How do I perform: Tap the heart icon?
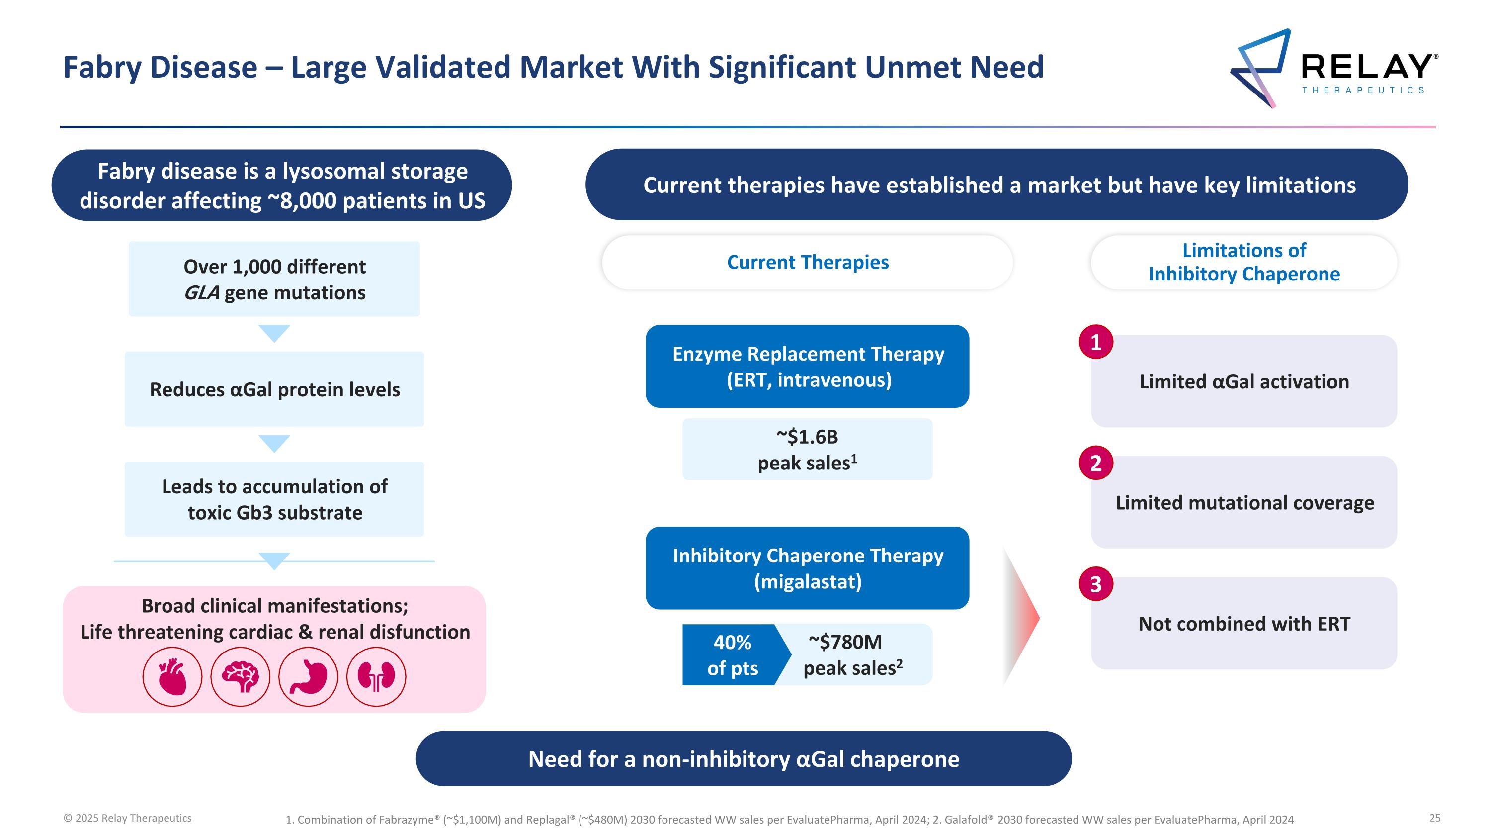coord(172,676)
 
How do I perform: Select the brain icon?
coord(240,676)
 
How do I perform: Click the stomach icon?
coord(308,676)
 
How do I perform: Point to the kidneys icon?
coord(376,676)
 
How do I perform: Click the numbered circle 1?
coord(1096,342)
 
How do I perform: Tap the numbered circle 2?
coord(1096,463)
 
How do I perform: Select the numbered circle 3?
coord(1096,584)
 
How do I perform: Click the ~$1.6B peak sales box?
coord(808,449)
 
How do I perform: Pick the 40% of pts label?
coord(732,655)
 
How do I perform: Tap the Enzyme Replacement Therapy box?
coord(808,367)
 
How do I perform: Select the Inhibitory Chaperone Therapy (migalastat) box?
coord(808,568)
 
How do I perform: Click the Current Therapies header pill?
coord(808,262)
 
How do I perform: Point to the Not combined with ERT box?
coord(1244,624)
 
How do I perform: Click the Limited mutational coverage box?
coord(1244,503)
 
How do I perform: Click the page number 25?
coord(1435,818)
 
